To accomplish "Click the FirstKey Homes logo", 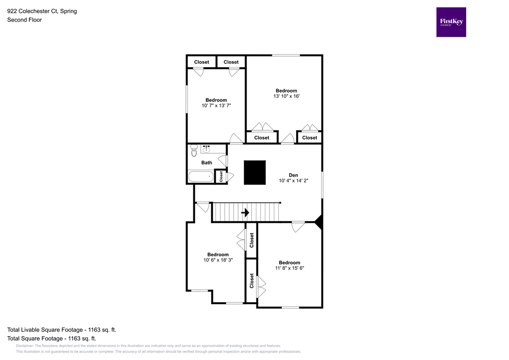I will (451, 22).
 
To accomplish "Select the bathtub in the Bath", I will (201, 177).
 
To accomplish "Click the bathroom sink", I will (206, 149).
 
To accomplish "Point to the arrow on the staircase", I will (245, 212).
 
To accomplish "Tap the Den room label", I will (294, 175).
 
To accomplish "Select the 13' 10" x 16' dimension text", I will (286, 96).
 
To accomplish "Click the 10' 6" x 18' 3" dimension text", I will (218, 260).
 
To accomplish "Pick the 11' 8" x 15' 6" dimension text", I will (289, 268).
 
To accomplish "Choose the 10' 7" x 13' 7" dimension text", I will (216, 106).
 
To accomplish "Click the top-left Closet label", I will (202, 62).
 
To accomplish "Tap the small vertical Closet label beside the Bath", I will (221, 177).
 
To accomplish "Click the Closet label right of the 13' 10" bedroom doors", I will (309, 138).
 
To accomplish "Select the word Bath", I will (206, 163).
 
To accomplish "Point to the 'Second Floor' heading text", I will (24, 20).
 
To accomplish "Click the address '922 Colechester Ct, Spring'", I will (42, 11).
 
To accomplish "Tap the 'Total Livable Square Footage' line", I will (61, 330).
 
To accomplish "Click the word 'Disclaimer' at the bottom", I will (25, 346).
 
